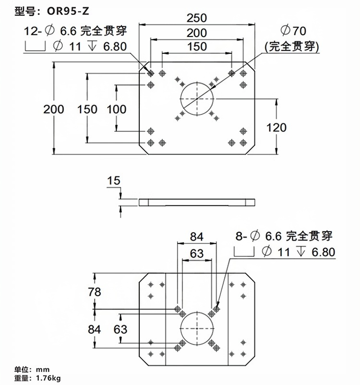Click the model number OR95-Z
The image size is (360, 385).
pos(68,11)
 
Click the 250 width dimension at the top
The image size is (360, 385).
pos(197,18)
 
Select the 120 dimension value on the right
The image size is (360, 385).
pos(276,127)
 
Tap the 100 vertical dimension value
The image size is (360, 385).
pos(116,109)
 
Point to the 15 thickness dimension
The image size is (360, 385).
pos(114,180)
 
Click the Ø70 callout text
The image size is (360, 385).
pos(293,31)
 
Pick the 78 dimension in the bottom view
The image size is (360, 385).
pos(95,292)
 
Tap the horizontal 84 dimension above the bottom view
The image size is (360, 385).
pos(197,237)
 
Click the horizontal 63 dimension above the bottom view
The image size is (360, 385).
pos(197,253)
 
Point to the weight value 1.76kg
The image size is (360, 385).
pos(48,378)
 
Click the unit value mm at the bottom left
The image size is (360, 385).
pos(43,370)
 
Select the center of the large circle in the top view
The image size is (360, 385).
pos(197,99)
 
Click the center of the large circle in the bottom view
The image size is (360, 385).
pos(197,328)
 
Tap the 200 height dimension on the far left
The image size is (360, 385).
pos(54,109)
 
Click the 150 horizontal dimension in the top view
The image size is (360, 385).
pos(197,47)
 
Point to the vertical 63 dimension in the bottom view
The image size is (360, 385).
pos(120,329)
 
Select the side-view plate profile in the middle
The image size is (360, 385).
pos(197,202)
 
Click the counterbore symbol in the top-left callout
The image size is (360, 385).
pos(35,47)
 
